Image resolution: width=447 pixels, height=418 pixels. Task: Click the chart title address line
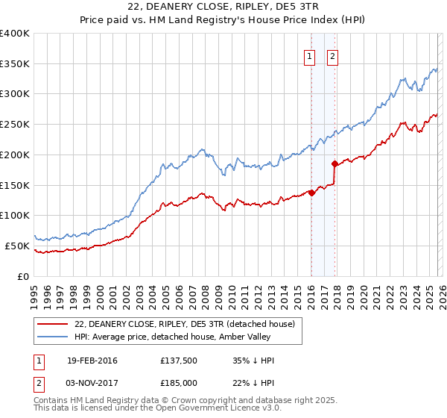click(x=223, y=7)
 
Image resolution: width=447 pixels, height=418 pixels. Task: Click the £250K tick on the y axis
click(x=15, y=125)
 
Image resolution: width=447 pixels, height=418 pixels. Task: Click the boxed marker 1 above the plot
click(x=309, y=56)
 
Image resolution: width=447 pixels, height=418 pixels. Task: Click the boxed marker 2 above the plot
click(x=332, y=56)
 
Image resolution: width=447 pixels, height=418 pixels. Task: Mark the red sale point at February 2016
click(x=311, y=193)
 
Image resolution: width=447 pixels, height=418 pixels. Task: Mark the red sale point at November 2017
click(x=335, y=163)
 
